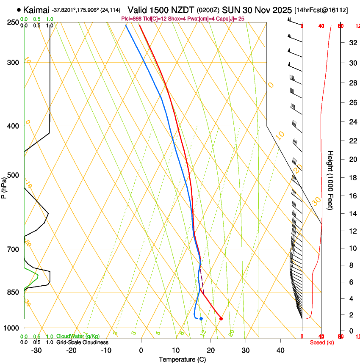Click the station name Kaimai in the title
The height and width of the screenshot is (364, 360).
pyautogui.click(x=36, y=10)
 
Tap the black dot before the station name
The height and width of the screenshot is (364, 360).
pyautogui.click(x=19, y=10)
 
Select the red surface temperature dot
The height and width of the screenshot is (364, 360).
pyautogui.click(x=221, y=318)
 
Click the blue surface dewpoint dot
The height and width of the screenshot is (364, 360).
pyautogui.click(x=201, y=318)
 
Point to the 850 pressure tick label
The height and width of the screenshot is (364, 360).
pyautogui.click(x=13, y=292)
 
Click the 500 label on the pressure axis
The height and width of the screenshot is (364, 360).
pyautogui.click(x=13, y=175)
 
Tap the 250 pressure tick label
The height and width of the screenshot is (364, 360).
pyautogui.click(x=13, y=22)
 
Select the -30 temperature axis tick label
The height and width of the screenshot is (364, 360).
pyautogui.click(x=36, y=350)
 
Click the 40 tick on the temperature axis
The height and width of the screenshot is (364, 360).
pyautogui.click(x=280, y=350)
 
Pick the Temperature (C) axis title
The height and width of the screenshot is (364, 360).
pyautogui.click(x=182, y=359)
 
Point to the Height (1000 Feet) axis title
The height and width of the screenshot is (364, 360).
pyautogui.click(x=331, y=180)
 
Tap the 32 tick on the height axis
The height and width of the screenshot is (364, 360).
pyautogui.click(x=352, y=42)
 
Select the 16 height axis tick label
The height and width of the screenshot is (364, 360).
pyautogui.click(x=352, y=196)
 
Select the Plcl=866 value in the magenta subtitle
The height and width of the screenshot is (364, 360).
pyautogui.click(x=132, y=19)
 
